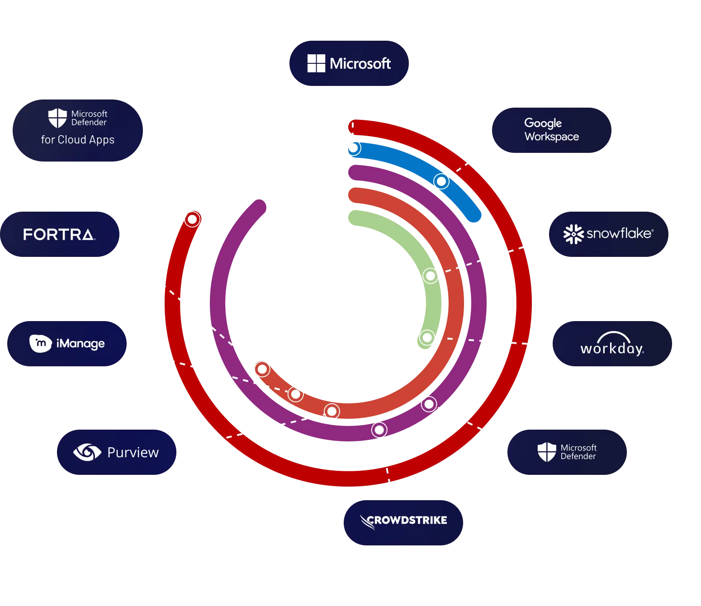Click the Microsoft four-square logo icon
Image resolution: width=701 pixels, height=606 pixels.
click(316, 63)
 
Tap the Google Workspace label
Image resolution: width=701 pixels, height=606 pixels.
click(551, 130)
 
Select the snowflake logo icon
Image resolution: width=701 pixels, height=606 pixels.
click(573, 234)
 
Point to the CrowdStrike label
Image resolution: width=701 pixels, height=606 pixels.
click(403, 521)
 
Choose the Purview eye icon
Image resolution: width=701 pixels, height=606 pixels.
click(87, 452)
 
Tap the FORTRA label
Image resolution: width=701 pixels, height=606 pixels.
click(59, 234)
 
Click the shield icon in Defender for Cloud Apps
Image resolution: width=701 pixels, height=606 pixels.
click(57, 118)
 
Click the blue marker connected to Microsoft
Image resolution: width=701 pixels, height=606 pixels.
click(353, 148)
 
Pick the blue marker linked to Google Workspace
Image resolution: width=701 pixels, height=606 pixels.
click(441, 181)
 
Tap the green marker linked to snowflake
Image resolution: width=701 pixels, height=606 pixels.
click(430, 275)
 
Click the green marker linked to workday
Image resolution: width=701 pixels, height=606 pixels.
click(426, 337)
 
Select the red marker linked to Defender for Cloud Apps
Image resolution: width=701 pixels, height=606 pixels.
click(192, 219)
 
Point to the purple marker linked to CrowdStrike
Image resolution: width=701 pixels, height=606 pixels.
click(379, 430)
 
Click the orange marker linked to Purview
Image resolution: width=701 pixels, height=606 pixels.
click(332, 411)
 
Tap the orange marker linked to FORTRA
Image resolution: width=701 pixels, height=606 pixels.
click(262, 369)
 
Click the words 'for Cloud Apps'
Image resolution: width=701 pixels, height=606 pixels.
click(78, 140)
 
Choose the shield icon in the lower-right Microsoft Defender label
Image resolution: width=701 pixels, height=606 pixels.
click(546, 452)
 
